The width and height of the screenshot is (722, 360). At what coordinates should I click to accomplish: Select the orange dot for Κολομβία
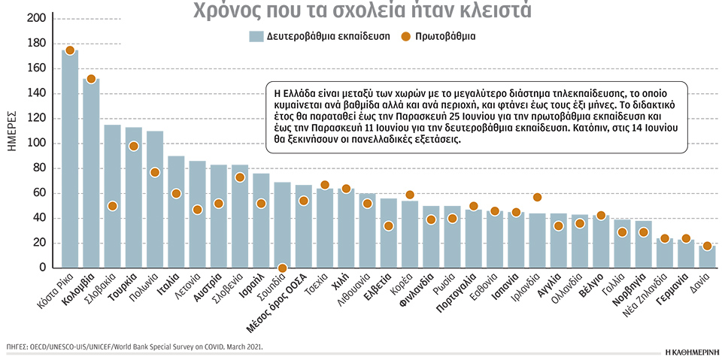91,79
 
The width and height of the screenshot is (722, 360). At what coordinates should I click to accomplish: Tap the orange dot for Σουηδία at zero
283,268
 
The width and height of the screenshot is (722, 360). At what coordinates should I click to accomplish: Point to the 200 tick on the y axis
35,18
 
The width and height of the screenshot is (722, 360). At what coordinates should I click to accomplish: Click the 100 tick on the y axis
35,143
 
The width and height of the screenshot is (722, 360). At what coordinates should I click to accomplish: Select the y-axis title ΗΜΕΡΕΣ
13,129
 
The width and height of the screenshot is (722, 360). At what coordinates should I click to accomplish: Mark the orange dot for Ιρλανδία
537,198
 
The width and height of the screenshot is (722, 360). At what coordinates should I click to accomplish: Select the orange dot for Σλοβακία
112,206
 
